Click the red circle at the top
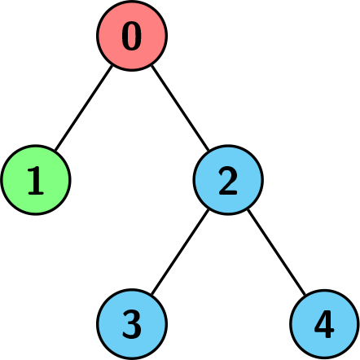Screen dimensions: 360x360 tap(132, 36)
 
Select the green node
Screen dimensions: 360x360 tap(36, 180)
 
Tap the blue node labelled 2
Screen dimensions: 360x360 tap(228, 180)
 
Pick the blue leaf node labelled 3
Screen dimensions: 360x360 tap(132, 324)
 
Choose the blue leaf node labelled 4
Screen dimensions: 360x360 tap(324, 324)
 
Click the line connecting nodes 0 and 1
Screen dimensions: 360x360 tap(84, 108)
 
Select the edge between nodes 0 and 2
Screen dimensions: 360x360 tap(180, 108)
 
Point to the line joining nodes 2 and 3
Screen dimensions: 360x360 tap(180, 252)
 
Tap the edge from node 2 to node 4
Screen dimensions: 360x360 tap(276, 252)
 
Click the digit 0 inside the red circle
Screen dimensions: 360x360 tap(132, 36)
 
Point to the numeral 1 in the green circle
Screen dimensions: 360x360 tap(36, 181)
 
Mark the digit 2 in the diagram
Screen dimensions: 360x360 tap(228, 181)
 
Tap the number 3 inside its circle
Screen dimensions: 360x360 tap(132, 325)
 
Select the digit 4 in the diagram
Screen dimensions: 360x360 tap(324, 324)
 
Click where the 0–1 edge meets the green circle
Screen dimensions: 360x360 tap(55, 150)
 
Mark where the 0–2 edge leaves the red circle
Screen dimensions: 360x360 tap(151, 65)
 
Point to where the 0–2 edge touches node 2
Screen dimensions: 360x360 tap(209, 150)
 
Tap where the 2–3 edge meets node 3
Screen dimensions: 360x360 tap(151, 294)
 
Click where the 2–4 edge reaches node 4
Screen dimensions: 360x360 tap(305, 294)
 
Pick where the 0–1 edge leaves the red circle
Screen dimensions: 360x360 tap(112, 65)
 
